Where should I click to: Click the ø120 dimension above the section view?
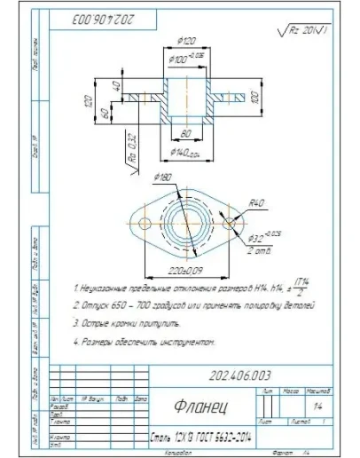(x=187, y=41)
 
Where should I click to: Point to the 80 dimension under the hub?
(x=187, y=134)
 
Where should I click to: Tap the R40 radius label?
(x=257, y=202)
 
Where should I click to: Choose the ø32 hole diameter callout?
(x=264, y=237)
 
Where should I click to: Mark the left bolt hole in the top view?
(x=143, y=221)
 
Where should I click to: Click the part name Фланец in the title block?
(x=199, y=407)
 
